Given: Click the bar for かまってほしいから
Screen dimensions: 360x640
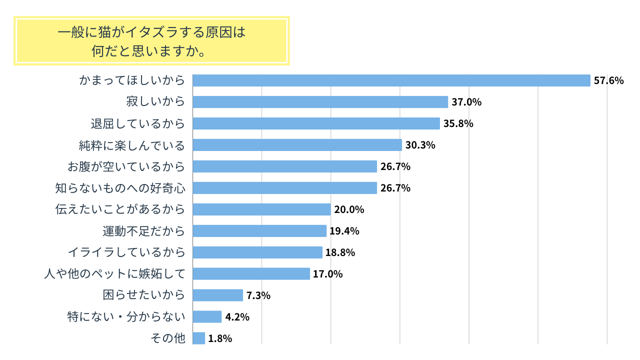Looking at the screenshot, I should point(391,80).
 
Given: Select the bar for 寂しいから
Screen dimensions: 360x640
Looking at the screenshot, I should point(320,102).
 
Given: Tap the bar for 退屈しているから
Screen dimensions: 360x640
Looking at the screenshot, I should point(316,123).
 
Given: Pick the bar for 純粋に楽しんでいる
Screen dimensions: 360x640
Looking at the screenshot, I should point(297,145).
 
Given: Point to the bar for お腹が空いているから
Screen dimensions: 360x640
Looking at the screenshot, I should point(284,166).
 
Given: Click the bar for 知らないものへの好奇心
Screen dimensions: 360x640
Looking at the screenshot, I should point(284,188).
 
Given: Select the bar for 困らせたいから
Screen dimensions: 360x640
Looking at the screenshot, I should point(217,295).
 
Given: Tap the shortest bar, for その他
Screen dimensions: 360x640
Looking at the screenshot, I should point(198,338).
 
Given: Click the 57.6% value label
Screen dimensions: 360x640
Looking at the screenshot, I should point(608,80).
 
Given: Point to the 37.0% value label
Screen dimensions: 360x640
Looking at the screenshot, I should point(466,102).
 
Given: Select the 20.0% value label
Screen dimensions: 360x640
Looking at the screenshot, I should point(349,209).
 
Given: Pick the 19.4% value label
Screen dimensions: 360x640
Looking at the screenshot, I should point(344,231).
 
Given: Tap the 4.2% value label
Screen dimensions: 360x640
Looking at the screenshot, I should point(237,317).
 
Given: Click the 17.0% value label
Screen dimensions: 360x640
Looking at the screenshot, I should point(328,274).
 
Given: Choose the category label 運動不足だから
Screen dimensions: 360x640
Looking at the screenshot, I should point(143,231).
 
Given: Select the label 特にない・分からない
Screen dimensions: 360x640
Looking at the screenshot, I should point(126,317).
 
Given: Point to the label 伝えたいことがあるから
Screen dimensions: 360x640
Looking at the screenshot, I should point(120,209).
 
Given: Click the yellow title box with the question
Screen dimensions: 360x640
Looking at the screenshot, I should point(151,41).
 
